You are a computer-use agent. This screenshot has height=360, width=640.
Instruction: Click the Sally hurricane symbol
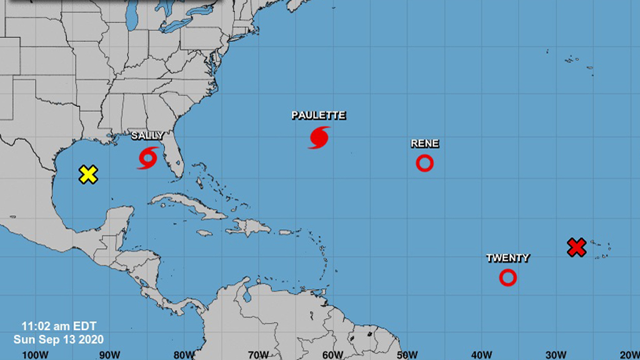(x=147, y=157)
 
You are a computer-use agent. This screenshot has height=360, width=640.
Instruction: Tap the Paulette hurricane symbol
(x=319, y=137)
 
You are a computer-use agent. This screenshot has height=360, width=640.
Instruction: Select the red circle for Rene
(x=424, y=163)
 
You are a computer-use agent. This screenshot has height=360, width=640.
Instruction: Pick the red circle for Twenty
(x=508, y=277)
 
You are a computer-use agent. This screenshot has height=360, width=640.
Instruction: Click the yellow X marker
(x=89, y=174)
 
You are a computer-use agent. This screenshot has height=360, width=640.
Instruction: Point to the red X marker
(x=576, y=247)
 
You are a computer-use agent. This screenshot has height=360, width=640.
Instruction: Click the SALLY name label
(x=147, y=136)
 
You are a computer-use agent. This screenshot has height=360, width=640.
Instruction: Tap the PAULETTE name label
(x=319, y=116)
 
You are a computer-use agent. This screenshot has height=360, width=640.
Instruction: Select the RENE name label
(x=424, y=144)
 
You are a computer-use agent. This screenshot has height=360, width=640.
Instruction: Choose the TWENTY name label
(x=508, y=257)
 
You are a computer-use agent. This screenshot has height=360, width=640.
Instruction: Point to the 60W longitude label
(x=332, y=354)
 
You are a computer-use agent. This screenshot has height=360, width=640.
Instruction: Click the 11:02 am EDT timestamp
(x=59, y=326)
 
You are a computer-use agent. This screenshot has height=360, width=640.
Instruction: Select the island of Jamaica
(x=204, y=233)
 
